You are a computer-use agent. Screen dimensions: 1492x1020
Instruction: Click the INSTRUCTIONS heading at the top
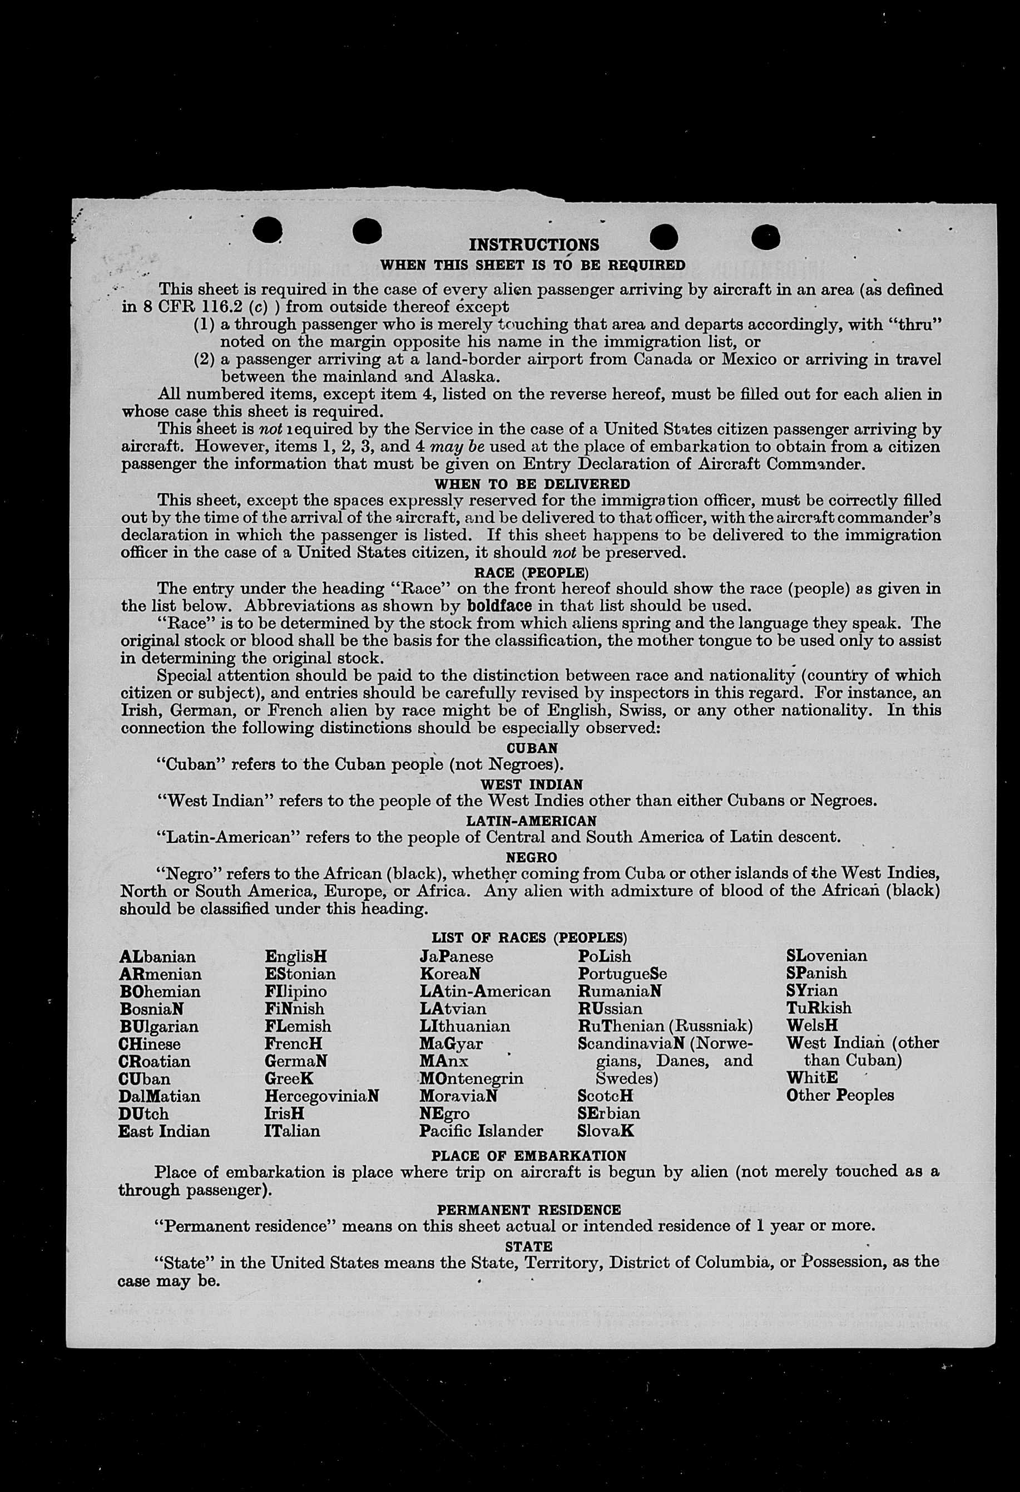(x=534, y=244)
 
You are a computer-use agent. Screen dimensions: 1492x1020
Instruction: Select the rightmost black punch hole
(x=765, y=238)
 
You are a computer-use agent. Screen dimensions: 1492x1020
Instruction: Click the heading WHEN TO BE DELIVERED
(x=532, y=484)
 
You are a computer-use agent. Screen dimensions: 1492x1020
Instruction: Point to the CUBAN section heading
(x=532, y=749)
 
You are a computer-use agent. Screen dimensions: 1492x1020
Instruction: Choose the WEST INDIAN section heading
(x=532, y=784)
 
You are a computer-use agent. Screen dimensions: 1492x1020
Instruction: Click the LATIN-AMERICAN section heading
(x=531, y=821)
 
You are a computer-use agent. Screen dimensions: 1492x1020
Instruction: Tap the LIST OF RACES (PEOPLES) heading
(x=529, y=938)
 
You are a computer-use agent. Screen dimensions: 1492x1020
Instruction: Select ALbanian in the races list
(x=157, y=957)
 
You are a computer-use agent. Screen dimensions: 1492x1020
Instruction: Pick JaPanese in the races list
(x=456, y=956)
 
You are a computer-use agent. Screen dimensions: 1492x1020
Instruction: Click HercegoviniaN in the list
(x=321, y=1096)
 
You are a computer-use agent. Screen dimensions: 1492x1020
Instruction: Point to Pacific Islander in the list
(x=481, y=1131)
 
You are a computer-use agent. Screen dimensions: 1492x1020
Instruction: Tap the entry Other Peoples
(x=840, y=1095)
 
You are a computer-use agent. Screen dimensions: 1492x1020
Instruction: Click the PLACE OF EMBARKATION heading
(x=528, y=1156)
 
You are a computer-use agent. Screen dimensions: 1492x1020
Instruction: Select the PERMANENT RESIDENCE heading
(x=528, y=1210)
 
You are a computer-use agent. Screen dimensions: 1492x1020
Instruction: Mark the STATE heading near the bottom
(x=528, y=1246)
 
